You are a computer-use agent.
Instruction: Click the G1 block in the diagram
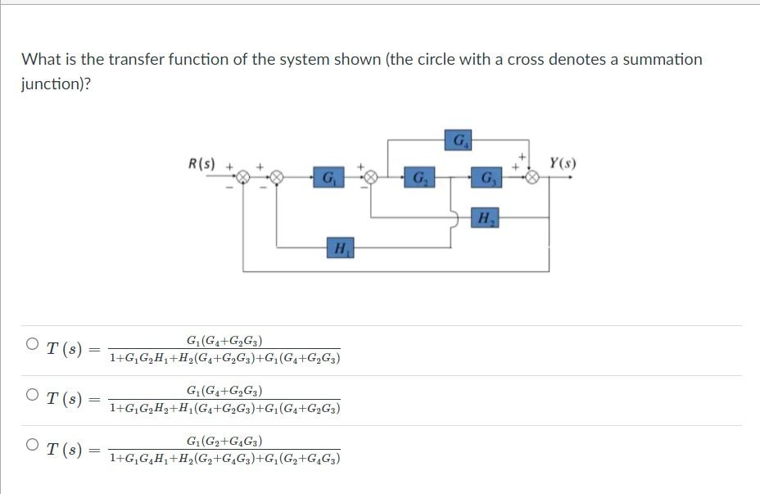(x=328, y=177)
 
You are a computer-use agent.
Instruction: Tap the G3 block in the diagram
(x=488, y=177)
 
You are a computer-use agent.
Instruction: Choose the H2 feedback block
(x=486, y=218)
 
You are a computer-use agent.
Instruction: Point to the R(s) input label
(x=201, y=163)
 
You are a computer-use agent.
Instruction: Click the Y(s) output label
(x=563, y=163)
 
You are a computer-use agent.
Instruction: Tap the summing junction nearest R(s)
(x=243, y=177)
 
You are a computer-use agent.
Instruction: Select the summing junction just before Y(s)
(x=533, y=177)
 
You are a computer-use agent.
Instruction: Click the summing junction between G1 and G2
(x=370, y=177)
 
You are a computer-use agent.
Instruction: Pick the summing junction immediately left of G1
(x=277, y=177)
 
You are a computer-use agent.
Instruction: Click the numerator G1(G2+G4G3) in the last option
(x=224, y=441)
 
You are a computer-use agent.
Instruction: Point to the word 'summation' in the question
(x=661, y=59)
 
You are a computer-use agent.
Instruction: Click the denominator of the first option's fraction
(x=224, y=359)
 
